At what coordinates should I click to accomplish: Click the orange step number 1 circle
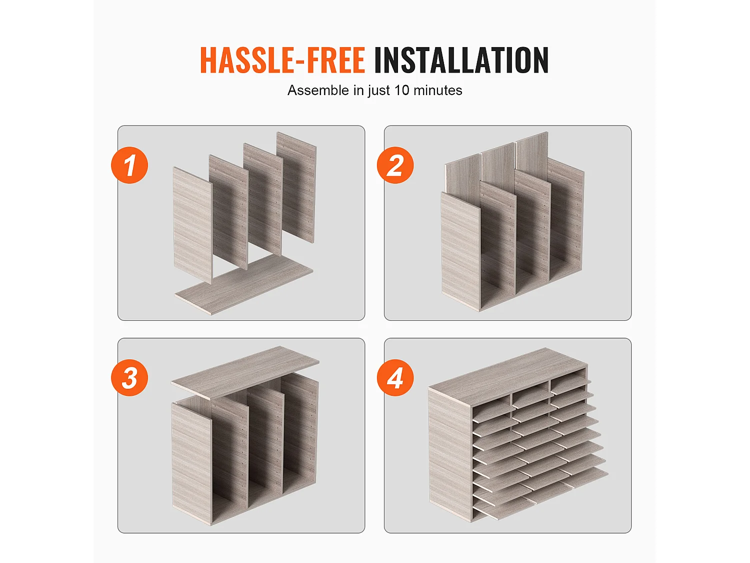(x=129, y=165)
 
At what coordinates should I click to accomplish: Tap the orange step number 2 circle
(x=395, y=165)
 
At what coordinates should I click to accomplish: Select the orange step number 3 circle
(x=129, y=378)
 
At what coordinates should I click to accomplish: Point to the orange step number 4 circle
(x=395, y=378)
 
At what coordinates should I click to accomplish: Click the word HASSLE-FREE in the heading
(x=282, y=60)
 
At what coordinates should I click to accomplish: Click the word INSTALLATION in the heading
(x=461, y=60)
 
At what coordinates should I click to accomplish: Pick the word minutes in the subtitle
(x=437, y=90)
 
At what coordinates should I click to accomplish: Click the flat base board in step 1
(x=244, y=284)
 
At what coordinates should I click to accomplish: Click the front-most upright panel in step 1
(x=193, y=225)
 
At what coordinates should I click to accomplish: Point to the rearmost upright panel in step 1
(x=296, y=187)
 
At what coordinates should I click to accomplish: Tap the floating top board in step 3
(x=245, y=373)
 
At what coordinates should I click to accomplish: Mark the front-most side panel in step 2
(x=460, y=252)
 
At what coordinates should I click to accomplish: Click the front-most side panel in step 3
(x=191, y=464)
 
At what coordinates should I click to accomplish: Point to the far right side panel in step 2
(x=566, y=219)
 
